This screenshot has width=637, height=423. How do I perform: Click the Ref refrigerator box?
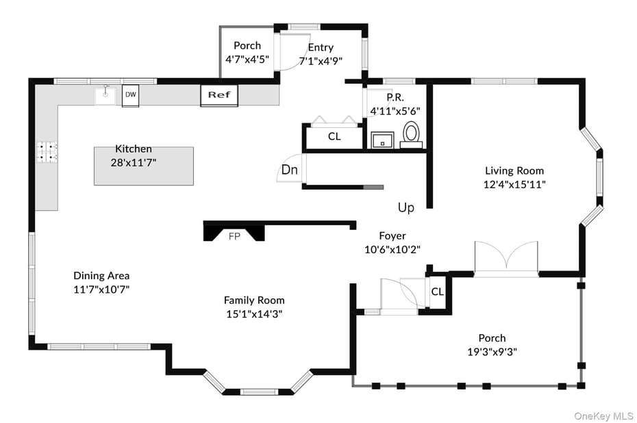tap(218, 95)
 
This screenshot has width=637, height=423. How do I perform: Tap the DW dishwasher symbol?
tap(130, 95)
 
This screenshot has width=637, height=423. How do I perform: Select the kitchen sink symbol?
tap(106, 94)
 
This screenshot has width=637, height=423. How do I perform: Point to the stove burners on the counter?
tap(47, 151)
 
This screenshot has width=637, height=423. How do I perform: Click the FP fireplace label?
tap(234, 236)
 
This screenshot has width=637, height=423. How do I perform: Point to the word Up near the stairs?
tap(405, 207)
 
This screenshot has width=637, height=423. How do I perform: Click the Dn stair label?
tap(289, 170)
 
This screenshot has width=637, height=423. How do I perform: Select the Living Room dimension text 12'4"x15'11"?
tap(514, 184)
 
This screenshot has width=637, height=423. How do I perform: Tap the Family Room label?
tap(254, 300)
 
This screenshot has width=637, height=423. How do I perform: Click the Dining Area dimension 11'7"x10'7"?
tap(101, 289)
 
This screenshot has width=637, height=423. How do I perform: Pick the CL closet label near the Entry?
tap(334, 136)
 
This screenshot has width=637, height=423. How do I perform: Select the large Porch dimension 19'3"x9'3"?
tap(492, 351)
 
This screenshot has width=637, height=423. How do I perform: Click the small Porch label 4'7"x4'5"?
tap(247, 60)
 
